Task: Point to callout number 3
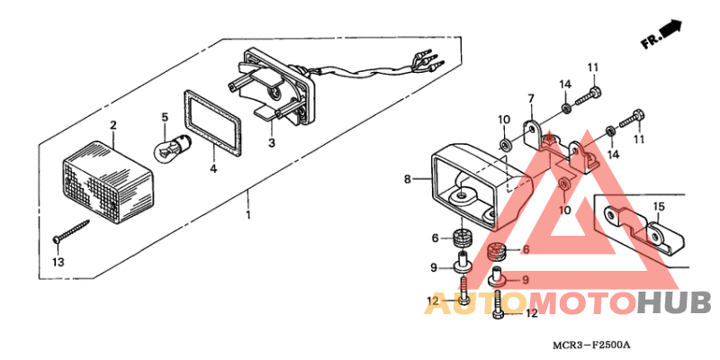coord(271,143)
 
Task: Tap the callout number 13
coord(58,262)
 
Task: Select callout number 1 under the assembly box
coord(248,215)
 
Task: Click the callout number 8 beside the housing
coord(408,180)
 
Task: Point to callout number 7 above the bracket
coord(530,98)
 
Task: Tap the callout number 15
coord(659,207)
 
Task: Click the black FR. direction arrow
coord(671,33)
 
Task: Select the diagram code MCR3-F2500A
coord(591,346)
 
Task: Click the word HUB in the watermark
coord(673,304)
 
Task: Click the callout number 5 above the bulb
coord(165,117)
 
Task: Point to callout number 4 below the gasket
coord(213,168)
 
